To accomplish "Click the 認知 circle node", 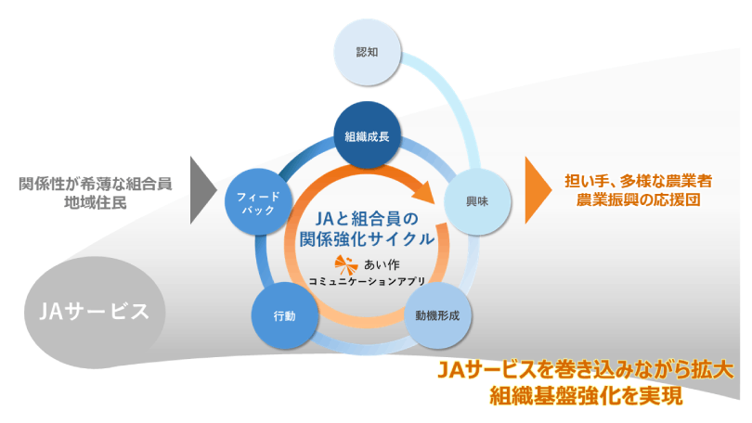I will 368,52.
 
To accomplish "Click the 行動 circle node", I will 285,315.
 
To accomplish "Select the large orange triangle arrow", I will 536,190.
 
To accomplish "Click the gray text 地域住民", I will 96,200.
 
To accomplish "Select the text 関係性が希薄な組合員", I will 96,182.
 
